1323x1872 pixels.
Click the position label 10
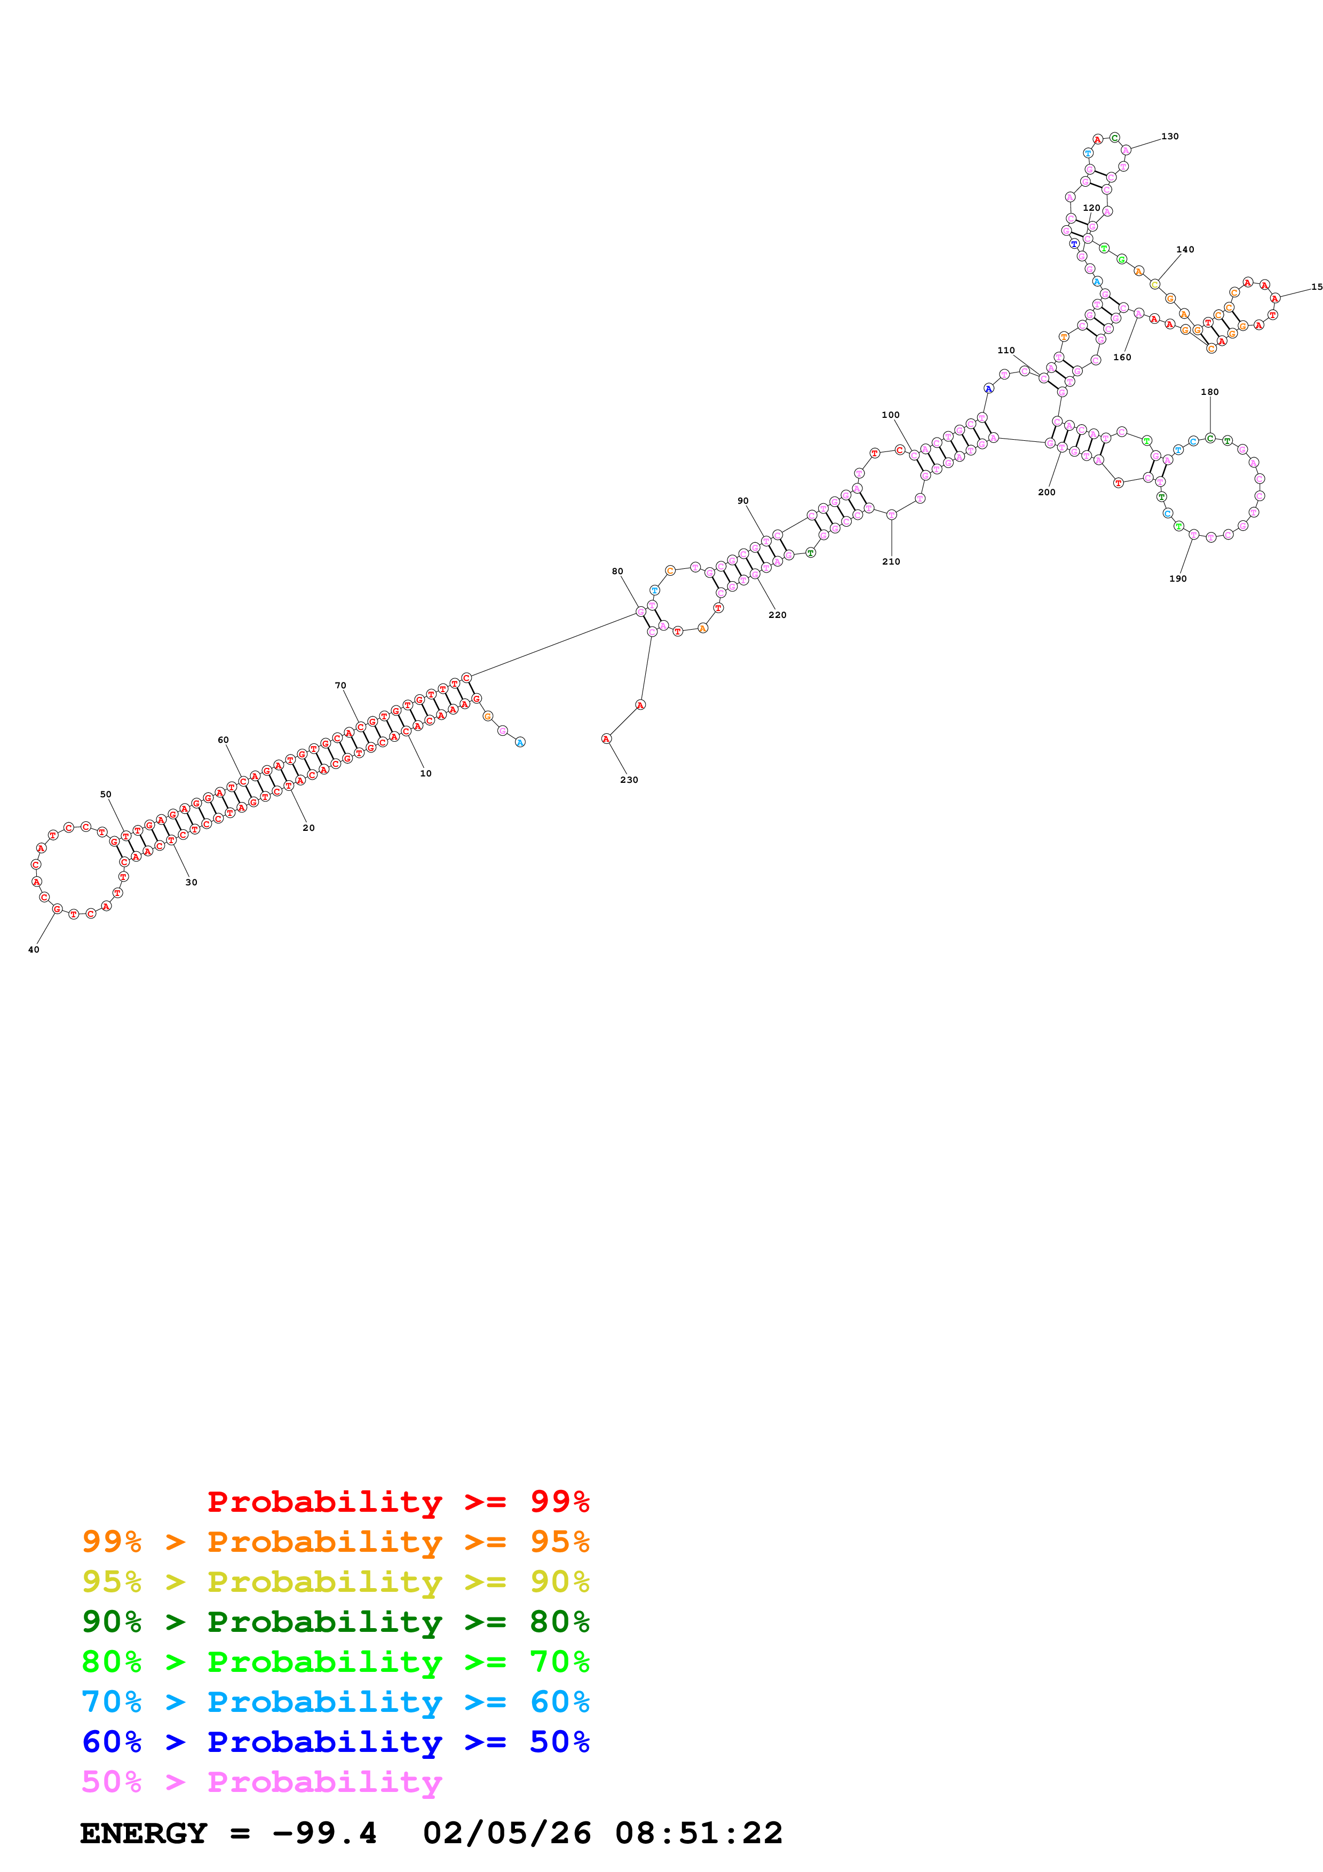click(x=425, y=773)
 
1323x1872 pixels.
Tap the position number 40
click(x=34, y=949)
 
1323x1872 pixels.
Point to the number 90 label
click(x=742, y=501)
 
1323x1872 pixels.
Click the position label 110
click(x=1006, y=351)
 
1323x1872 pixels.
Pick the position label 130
click(x=1170, y=136)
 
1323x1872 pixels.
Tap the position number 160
click(x=1122, y=357)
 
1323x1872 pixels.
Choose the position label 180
click(x=1210, y=392)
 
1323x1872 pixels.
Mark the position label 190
click(x=1178, y=579)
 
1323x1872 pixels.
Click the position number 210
click(x=891, y=562)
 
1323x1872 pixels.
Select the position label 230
click(x=629, y=780)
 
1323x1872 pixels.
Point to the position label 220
click(x=778, y=615)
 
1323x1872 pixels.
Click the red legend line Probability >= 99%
click(x=398, y=1502)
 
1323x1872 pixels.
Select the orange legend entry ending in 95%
click(x=336, y=1542)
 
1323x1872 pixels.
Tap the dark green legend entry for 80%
click(x=336, y=1622)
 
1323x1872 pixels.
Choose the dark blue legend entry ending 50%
click(x=336, y=1742)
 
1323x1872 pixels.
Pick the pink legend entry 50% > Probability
click(x=262, y=1781)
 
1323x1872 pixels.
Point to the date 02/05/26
click(x=507, y=1833)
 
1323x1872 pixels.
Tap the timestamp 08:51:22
click(x=699, y=1833)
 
